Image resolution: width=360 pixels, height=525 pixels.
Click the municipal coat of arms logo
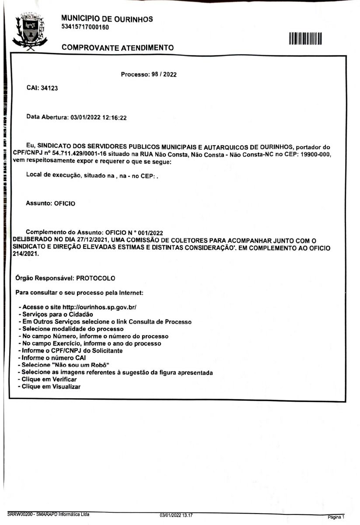28,30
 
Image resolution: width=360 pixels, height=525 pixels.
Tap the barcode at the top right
305,38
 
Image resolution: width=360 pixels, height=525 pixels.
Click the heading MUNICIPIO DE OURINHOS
107,19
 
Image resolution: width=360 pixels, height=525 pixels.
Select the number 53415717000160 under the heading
85,27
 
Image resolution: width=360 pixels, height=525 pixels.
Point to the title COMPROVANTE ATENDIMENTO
118,47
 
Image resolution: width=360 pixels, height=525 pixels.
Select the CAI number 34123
49,88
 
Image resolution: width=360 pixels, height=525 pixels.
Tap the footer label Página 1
336,517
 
